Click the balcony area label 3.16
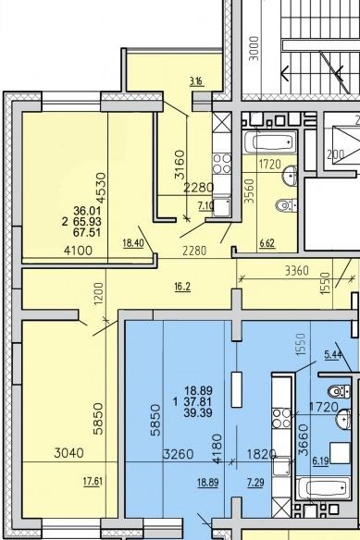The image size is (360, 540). pyautogui.click(x=196, y=81)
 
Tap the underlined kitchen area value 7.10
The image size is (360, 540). pyautogui.click(x=205, y=206)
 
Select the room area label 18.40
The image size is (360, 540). pyautogui.click(x=133, y=243)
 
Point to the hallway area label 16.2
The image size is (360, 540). pyautogui.click(x=182, y=287)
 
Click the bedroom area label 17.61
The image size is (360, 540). pyautogui.click(x=93, y=481)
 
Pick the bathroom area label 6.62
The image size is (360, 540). pyautogui.click(x=267, y=243)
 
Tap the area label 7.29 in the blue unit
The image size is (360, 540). pyautogui.click(x=255, y=483)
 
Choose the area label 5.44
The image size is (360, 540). pyautogui.click(x=332, y=355)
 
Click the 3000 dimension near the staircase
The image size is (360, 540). pyautogui.click(x=254, y=49)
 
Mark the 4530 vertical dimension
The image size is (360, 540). pyautogui.click(x=102, y=188)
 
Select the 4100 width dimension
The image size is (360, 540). pyautogui.click(x=79, y=251)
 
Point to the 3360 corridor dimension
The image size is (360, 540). pyautogui.click(x=297, y=271)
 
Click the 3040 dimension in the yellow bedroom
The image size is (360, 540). pyautogui.click(x=69, y=452)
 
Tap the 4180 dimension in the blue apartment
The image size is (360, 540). pyautogui.click(x=217, y=449)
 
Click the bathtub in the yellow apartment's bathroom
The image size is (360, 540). pyautogui.click(x=270, y=141)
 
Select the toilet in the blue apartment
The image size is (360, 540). pyautogui.click(x=339, y=391)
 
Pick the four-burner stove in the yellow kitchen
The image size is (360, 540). pyautogui.click(x=222, y=164)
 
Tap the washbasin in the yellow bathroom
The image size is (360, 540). pyautogui.click(x=290, y=175)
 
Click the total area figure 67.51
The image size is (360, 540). pyautogui.click(x=87, y=232)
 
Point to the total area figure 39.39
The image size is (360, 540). pyautogui.click(x=198, y=412)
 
